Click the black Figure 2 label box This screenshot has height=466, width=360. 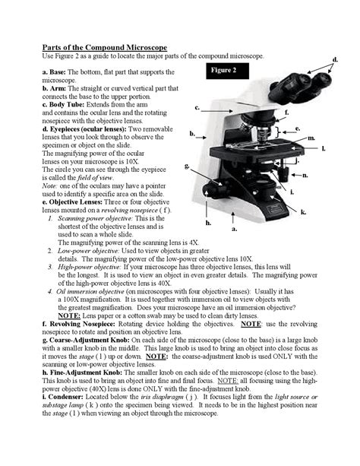pos(225,70)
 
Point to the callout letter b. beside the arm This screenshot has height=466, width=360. pos(193,134)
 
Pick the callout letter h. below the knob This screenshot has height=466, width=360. pos(207,223)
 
